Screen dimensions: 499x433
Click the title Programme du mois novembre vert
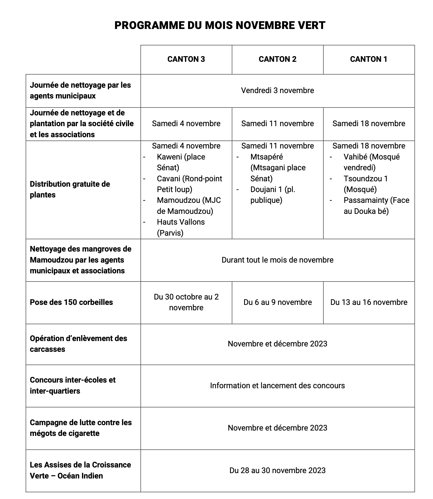pos(220,25)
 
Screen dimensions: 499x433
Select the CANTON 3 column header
pos(186,59)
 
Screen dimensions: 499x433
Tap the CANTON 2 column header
pos(277,59)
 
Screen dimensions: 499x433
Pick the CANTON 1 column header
pos(368,59)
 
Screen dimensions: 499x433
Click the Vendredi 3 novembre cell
pos(277,91)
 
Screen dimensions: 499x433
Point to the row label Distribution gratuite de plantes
pos(70,189)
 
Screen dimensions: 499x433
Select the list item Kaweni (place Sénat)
pos(181,162)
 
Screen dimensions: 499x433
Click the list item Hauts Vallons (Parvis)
pos(181,227)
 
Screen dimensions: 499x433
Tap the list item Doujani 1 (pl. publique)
pos(273,195)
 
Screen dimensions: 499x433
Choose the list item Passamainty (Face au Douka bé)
pos(376,205)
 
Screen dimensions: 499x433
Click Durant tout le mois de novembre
pos(277,260)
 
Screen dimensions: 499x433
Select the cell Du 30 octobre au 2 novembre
pos(186,302)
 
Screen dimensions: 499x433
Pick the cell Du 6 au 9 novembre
pos(277,302)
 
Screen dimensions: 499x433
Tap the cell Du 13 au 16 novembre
pos(369,302)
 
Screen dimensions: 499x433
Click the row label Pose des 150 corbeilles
pos(71,302)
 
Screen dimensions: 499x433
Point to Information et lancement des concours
pos(277,385)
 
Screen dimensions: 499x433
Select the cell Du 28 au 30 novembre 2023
pos(277,470)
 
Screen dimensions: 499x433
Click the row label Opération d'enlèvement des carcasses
pos(78,344)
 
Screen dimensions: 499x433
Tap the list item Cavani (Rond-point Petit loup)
pos(189,184)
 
